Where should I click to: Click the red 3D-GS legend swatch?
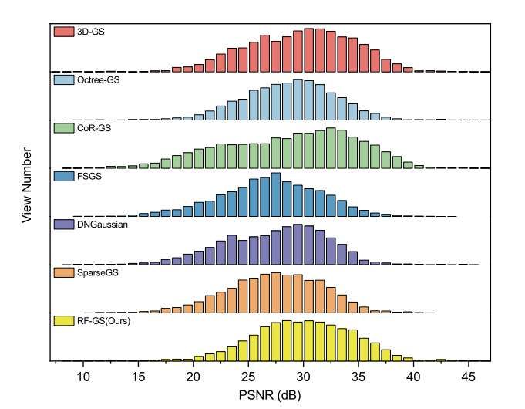(x=62, y=32)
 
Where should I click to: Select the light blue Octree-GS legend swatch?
(x=62, y=79)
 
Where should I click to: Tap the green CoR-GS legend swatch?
(x=62, y=127)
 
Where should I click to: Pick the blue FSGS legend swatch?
(x=62, y=175)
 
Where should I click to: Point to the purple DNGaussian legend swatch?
(x=62, y=223)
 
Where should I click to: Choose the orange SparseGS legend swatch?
(x=62, y=272)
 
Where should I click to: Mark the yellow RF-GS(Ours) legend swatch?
(x=62, y=319)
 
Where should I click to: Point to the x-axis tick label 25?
(x=248, y=377)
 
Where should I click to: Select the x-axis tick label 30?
(x=303, y=377)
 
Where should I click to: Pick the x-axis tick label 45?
(x=469, y=377)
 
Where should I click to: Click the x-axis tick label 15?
(x=138, y=377)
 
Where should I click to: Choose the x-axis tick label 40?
(x=413, y=377)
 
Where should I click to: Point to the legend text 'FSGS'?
(x=87, y=175)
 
